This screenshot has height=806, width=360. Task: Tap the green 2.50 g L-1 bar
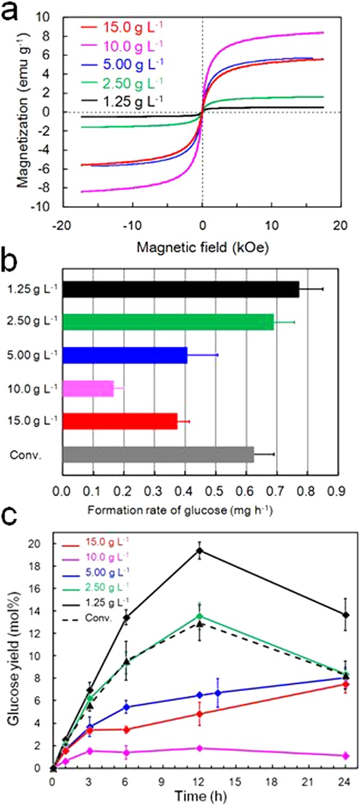[167, 322]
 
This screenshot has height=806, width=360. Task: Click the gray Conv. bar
[158, 454]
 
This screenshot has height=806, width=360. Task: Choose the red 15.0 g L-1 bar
[120, 421]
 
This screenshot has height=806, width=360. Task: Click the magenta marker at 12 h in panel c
[200, 748]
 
